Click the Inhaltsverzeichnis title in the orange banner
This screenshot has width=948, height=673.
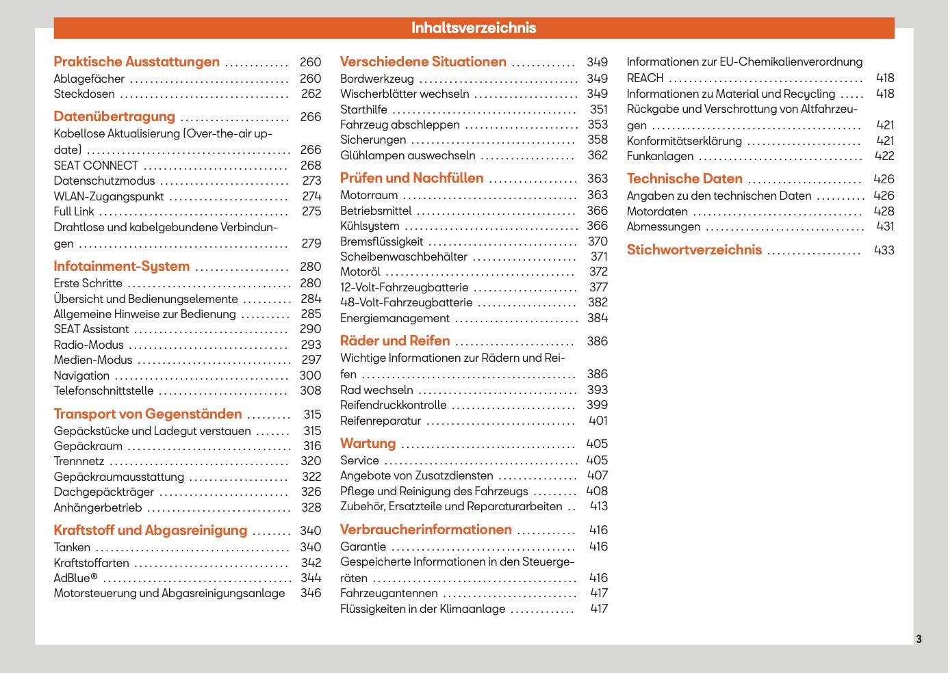coord(474,28)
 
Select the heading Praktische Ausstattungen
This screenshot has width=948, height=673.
coord(137,62)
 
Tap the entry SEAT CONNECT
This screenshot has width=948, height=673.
coord(96,166)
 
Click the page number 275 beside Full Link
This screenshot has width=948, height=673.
coord(311,212)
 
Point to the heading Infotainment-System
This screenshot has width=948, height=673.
coord(122,267)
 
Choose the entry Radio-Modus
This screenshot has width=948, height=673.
coord(89,345)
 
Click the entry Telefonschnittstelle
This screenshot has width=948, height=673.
coord(103,391)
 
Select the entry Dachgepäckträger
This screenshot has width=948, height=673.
coord(104,492)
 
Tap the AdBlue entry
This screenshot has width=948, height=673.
coord(75,578)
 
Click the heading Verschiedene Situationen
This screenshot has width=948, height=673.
coord(423,62)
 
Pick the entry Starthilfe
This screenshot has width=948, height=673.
coord(363,109)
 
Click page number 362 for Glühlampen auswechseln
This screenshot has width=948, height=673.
coord(598,155)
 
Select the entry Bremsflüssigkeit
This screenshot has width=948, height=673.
coord(381,241)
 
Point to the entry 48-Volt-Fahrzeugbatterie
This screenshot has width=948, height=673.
coord(406,302)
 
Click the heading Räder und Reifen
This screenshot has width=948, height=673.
coord(395,341)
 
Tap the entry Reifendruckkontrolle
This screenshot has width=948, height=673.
coord(393,405)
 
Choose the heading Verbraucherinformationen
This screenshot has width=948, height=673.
coord(426,530)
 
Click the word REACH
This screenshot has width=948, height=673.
coord(645,78)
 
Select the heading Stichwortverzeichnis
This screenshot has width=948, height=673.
coord(694,250)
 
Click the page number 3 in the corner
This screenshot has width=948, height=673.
coord(919,639)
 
